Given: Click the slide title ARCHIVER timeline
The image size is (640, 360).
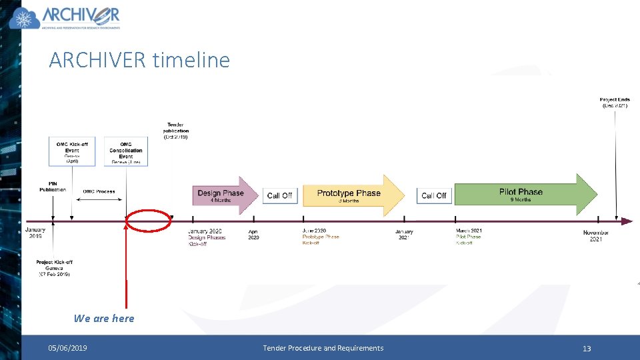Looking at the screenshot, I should pyautogui.click(x=139, y=60).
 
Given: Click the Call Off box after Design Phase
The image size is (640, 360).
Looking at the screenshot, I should pyautogui.click(x=279, y=195).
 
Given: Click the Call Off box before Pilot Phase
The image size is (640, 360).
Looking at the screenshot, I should pyautogui.click(x=434, y=195).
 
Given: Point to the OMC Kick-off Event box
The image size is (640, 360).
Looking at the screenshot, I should pyautogui.click(x=72, y=151).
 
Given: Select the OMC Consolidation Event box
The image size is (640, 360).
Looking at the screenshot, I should pyautogui.click(x=126, y=152).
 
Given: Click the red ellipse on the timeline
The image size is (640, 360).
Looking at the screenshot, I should pyautogui.click(x=149, y=220).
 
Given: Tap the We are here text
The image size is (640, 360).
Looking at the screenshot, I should pyautogui.click(x=104, y=319).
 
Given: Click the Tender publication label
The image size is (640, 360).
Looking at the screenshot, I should pyautogui.click(x=175, y=130).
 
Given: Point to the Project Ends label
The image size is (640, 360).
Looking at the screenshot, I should pyautogui.click(x=614, y=103).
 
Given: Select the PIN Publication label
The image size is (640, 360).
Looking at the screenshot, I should pyautogui.click(x=53, y=187).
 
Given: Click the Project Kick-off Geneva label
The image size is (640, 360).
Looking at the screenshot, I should pyautogui.click(x=54, y=268).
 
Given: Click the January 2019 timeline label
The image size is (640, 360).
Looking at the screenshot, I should pyautogui.click(x=35, y=233).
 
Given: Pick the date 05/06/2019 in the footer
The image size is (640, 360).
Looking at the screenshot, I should pyautogui.click(x=67, y=348).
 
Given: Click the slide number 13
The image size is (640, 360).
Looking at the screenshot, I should pyautogui.click(x=587, y=348).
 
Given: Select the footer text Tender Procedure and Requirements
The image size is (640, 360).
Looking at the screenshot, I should pyautogui.click(x=323, y=348).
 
